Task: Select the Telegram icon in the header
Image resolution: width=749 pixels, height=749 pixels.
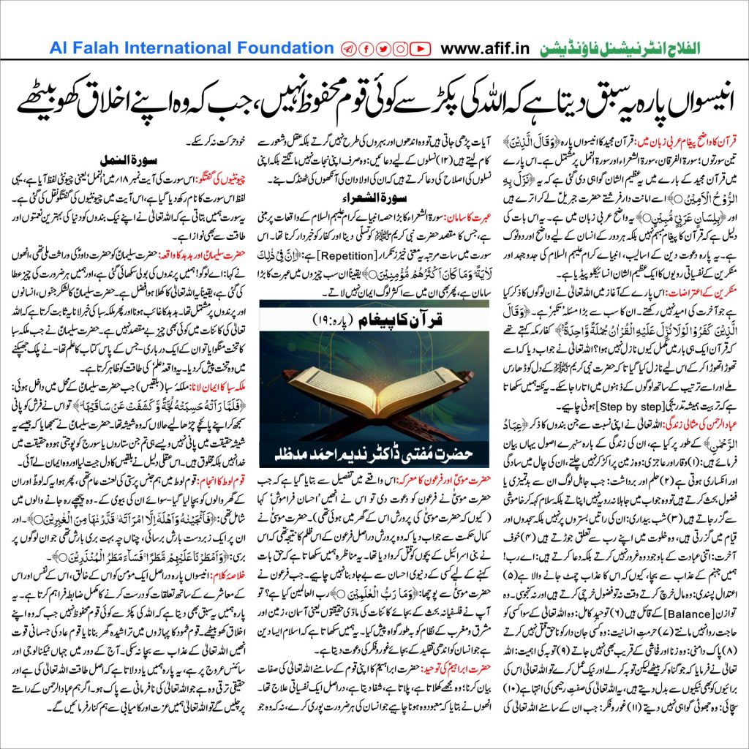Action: [348, 49]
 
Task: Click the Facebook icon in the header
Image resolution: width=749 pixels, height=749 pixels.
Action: [366, 49]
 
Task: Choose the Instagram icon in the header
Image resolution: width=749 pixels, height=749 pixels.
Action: [401, 49]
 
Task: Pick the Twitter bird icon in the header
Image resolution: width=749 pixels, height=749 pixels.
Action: [383, 49]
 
